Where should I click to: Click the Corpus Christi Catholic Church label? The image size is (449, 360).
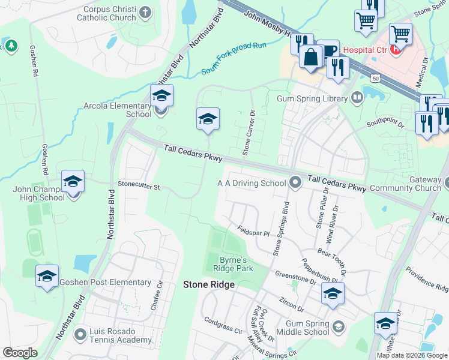click(x=106, y=14)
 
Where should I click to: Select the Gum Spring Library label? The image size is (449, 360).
click(x=312, y=98)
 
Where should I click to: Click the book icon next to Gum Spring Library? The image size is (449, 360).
click(x=357, y=97)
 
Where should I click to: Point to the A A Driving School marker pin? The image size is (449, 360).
click(x=295, y=182)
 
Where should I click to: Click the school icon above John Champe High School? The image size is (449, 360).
click(x=73, y=181)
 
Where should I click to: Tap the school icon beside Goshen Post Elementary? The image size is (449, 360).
click(x=47, y=276)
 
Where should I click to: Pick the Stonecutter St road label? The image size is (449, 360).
click(x=139, y=187)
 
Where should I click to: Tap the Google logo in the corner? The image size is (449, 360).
click(x=20, y=353)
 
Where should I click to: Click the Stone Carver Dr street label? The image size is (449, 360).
click(x=249, y=133)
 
